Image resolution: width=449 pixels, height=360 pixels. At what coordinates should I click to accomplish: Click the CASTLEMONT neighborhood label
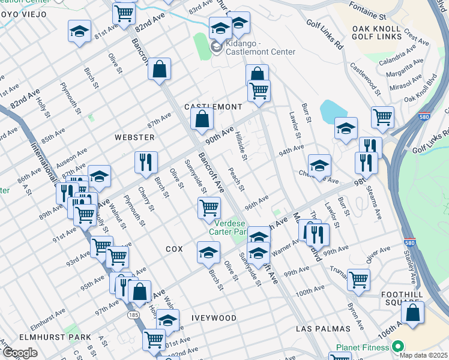click(212, 106)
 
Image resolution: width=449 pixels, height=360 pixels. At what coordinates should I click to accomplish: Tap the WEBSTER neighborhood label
click(134, 137)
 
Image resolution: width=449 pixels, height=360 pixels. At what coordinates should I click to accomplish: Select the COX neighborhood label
click(173, 248)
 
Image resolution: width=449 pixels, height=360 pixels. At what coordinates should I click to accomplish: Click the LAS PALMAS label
click(323, 329)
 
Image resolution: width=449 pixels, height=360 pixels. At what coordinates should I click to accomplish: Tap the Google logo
click(20, 353)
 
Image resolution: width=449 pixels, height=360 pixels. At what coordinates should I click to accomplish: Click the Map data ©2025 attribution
click(423, 355)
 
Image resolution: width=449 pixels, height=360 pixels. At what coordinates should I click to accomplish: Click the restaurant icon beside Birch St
click(146, 161)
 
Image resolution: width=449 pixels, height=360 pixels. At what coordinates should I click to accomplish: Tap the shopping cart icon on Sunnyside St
click(208, 208)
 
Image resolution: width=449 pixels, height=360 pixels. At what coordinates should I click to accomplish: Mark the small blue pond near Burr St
click(331, 110)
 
